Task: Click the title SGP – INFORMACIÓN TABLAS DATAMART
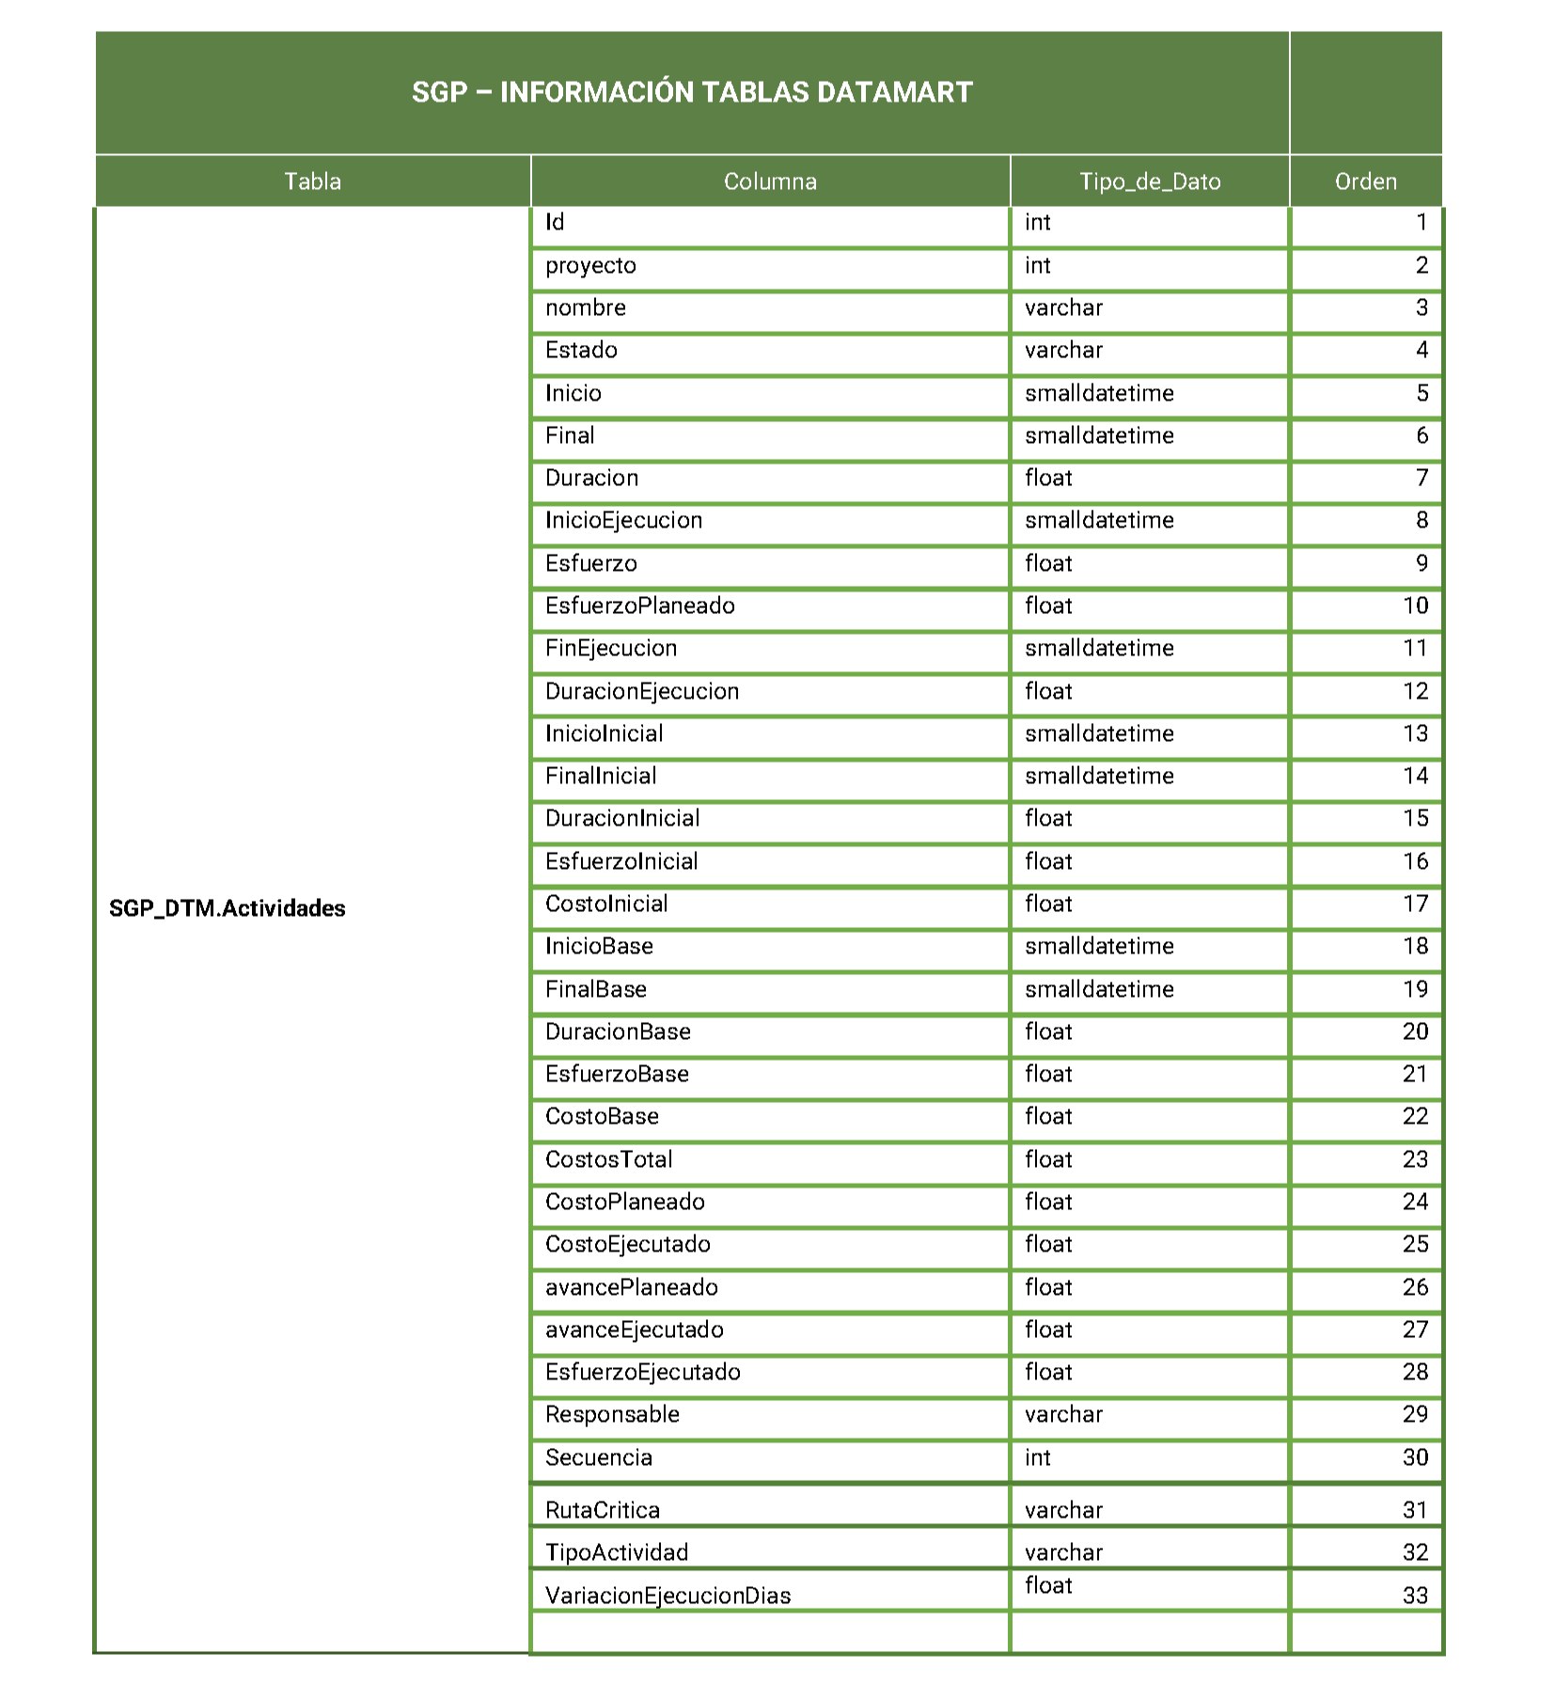[692, 92]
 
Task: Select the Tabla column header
[312, 181]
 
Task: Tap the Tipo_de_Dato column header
[1149, 181]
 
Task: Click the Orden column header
[1365, 181]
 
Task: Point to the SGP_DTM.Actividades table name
[228, 908]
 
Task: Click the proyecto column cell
[590, 266]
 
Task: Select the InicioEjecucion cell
[623, 521]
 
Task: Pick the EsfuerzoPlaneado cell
[639, 606]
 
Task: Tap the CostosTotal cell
[608, 1159]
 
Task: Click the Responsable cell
[612, 1414]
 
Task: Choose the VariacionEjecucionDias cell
[668, 1596]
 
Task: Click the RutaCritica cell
[603, 1510]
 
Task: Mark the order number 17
[1415, 905]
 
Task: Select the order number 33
[1415, 1596]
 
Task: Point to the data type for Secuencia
[1038, 1457]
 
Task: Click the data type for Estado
[1063, 351]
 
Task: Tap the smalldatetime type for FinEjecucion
[1099, 649]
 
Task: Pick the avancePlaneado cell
[631, 1287]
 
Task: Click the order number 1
[1421, 223]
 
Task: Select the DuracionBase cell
[618, 1032]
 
